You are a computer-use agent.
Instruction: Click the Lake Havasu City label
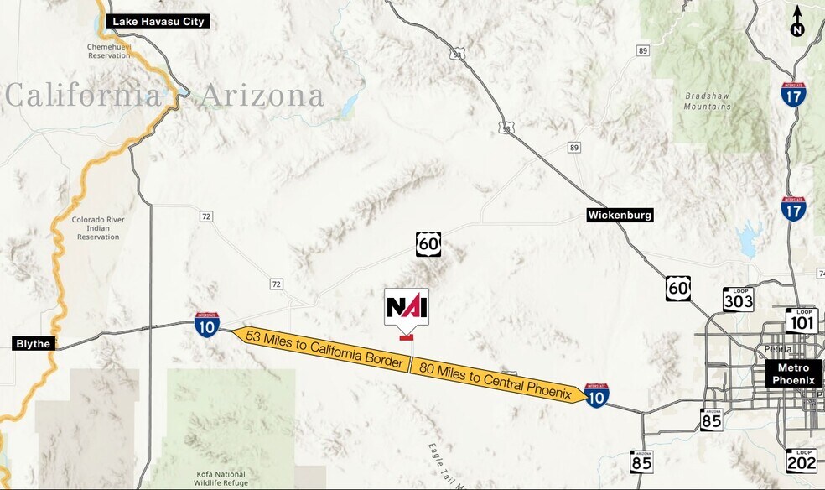158,21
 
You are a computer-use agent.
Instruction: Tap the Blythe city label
34,343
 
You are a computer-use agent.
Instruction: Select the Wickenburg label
620,216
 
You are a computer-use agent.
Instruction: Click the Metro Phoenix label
794,374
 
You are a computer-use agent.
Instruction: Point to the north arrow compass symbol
797,22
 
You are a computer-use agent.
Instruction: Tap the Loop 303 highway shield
738,299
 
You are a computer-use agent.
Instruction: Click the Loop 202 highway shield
801,461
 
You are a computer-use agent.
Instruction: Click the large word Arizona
262,96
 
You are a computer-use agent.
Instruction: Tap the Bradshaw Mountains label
707,102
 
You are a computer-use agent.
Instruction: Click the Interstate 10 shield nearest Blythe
207,325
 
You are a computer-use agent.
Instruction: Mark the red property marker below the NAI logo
407,338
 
